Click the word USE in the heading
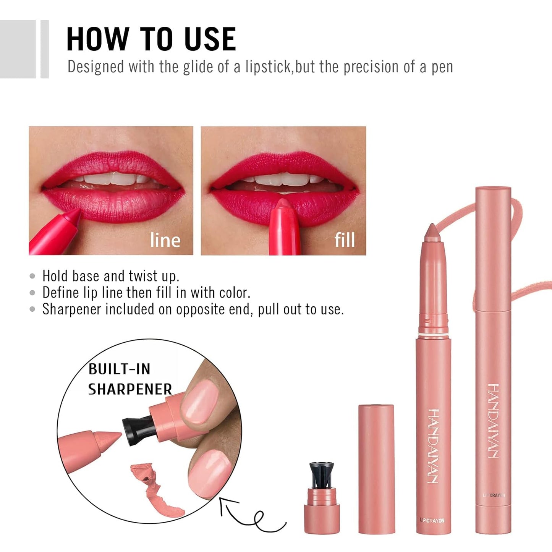[210, 39]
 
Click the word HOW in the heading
[98, 39]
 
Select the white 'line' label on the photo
[165, 240]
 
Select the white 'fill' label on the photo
[345, 240]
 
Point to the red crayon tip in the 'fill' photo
[283, 206]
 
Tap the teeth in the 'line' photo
[115, 179]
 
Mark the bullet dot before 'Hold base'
[32, 276]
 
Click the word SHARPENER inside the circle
[130, 389]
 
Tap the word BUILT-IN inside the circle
[119, 369]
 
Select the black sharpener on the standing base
[321, 475]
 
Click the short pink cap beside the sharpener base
[376, 468]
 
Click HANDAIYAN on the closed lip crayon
[494, 420]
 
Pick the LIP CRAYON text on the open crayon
[432, 520]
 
